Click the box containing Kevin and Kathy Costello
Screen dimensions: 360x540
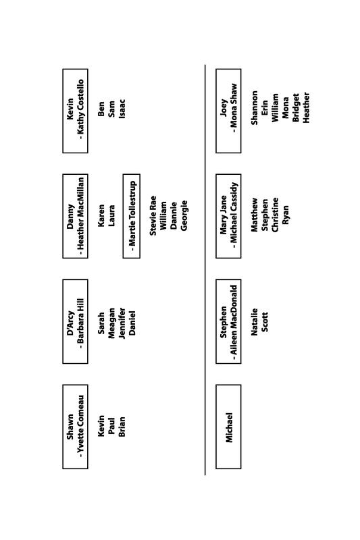[x=75, y=111]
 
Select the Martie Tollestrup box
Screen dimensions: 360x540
[x=131, y=216]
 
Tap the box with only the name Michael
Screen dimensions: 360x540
[x=228, y=427]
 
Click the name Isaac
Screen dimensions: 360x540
[x=122, y=109]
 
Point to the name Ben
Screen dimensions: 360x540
[x=101, y=109]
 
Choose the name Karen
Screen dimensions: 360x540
[x=101, y=216]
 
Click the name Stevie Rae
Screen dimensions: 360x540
[x=153, y=216]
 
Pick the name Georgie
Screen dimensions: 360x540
[x=184, y=216]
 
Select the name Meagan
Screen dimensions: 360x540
[x=111, y=323]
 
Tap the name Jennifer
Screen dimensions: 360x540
[x=122, y=323]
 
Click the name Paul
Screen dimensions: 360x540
[x=111, y=427]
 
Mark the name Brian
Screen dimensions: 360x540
[x=122, y=427]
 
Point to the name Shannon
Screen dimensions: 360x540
[x=254, y=108]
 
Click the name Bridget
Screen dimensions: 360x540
[x=296, y=108]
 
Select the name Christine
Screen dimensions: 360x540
[x=276, y=215]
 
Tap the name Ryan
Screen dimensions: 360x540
[x=286, y=215]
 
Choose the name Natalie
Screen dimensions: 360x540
[x=254, y=322]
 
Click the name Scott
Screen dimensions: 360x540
[x=265, y=322]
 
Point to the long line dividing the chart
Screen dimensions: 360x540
[x=205, y=270]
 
